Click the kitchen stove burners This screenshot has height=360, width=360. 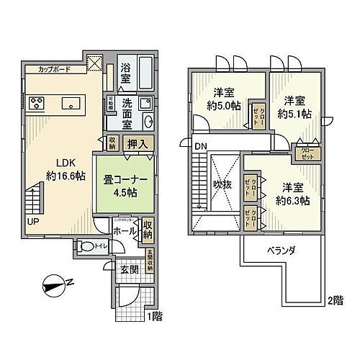pyautogui.click(x=37, y=102)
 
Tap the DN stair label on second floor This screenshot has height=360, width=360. pyautogui.click(x=201, y=148)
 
